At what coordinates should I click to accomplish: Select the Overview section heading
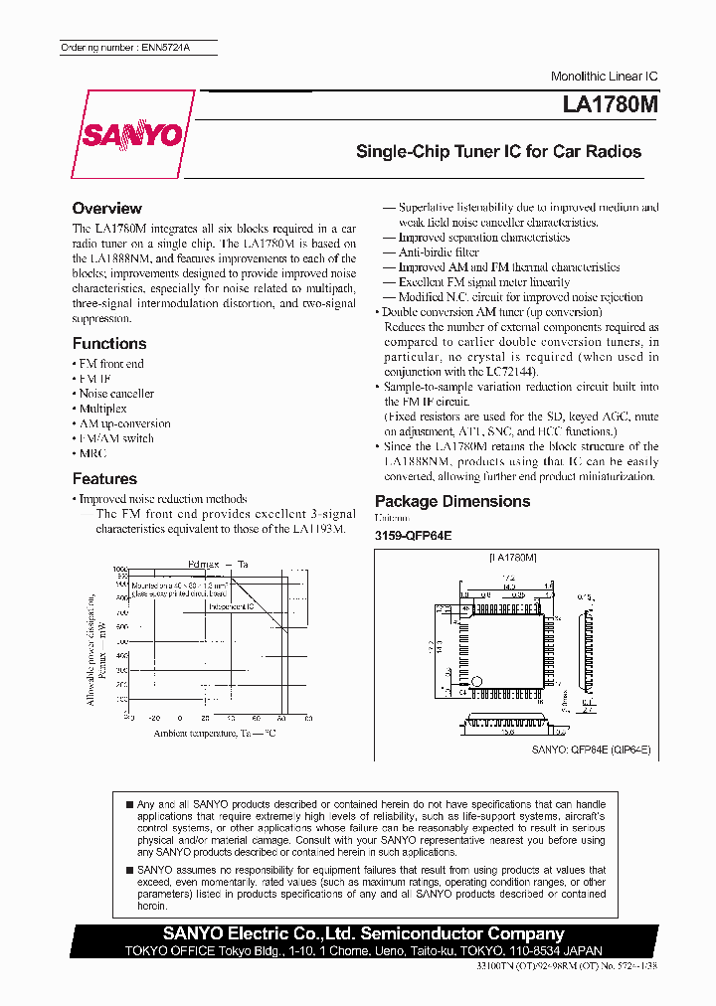tap(106, 209)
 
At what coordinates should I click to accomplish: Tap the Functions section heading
tap(109, 344)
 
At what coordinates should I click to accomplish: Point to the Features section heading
tap(104, 479)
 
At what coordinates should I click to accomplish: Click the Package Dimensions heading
tap(451, 502)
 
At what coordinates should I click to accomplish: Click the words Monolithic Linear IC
tap(604, 77)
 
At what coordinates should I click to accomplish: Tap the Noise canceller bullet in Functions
tap(116, 394)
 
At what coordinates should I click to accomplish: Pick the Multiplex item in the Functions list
tap(102, 409)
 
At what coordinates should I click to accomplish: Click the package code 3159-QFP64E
tap(413, 535)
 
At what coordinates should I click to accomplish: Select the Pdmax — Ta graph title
tap(218, 564)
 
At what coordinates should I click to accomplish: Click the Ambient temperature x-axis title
tap(214, 734)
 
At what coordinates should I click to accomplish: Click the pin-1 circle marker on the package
tap(474, 683)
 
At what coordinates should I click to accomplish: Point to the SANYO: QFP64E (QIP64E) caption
tap(590, 750)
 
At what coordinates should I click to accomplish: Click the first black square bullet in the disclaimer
tap(129, 803)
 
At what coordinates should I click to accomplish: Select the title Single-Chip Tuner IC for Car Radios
tap(498, 152)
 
